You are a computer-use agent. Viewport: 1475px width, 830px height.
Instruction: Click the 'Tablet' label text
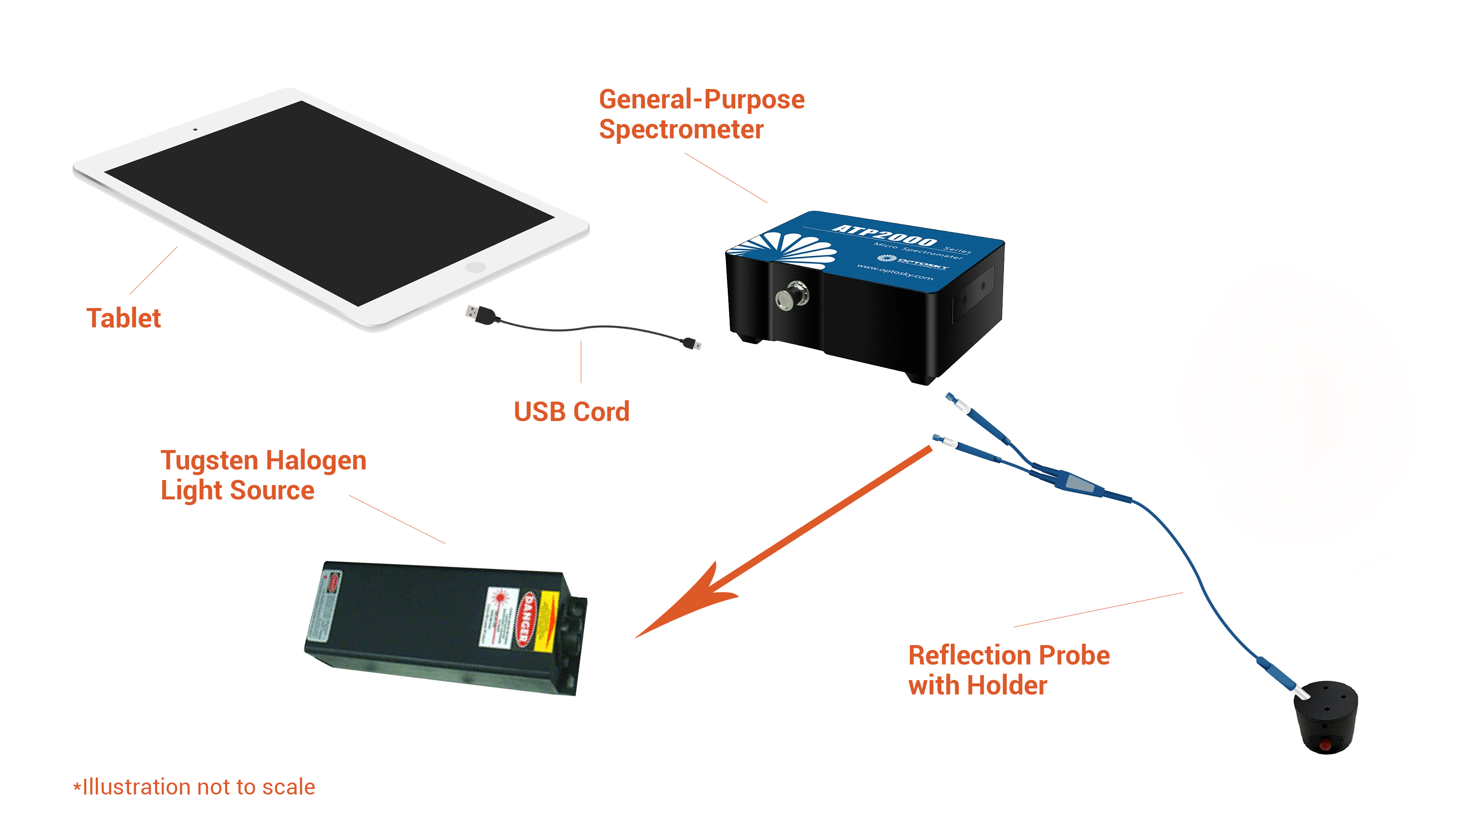pyautogui.click(x=124, y=319)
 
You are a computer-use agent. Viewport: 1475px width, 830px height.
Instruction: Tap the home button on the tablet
pyautogui.click(x=475, y=267)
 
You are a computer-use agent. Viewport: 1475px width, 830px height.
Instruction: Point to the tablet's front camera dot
pyautogui.click(x=195, y=130)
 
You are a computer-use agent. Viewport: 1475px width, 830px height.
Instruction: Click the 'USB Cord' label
pyautogui.click(x=572, y=412)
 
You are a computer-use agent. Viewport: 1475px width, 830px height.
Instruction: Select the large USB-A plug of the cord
pyautogui.click(x=480, y=314)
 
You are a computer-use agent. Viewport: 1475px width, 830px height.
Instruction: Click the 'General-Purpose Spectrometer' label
pyautogui.click(x=702, y=114)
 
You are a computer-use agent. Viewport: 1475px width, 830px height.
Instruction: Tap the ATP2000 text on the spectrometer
pyautogui.click(x=885, y=234)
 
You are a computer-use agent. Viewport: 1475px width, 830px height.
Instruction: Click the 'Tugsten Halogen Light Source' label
pyautogui.click(x=263, y=475)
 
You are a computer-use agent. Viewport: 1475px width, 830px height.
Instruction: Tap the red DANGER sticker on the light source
pyautogui.click(x=525, y=619)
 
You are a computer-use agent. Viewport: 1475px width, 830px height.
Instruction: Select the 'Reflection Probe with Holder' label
pyautogui.click(x=1009, y=670)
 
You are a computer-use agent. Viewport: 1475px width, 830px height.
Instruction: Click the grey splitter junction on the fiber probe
pyautogui.click(x=1080, y=483)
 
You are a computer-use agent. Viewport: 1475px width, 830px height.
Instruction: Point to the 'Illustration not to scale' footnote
pyautogui.click(x=195, y=787)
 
